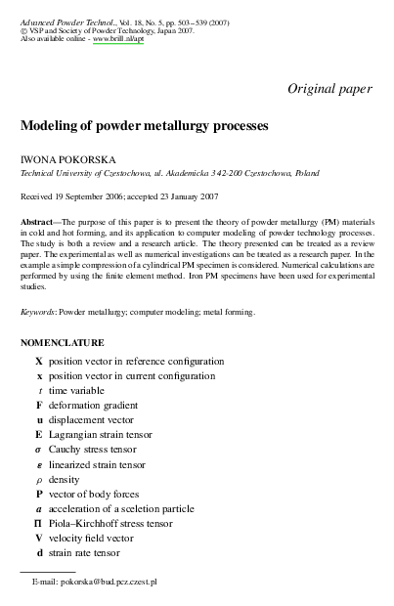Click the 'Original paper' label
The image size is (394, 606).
click(x=329, y=88)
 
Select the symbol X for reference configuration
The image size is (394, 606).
click(x=39, y=361)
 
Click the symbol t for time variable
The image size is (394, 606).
click(x=39, y=389)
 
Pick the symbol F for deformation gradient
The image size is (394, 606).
click(x=39, y=404)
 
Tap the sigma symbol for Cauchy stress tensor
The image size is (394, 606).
click(x=39, y=449)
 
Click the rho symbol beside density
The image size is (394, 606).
click(x=39, y=479)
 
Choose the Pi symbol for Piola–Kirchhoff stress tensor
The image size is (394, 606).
click(x=39, y=523)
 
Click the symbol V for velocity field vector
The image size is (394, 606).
click(x=39, y=538)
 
